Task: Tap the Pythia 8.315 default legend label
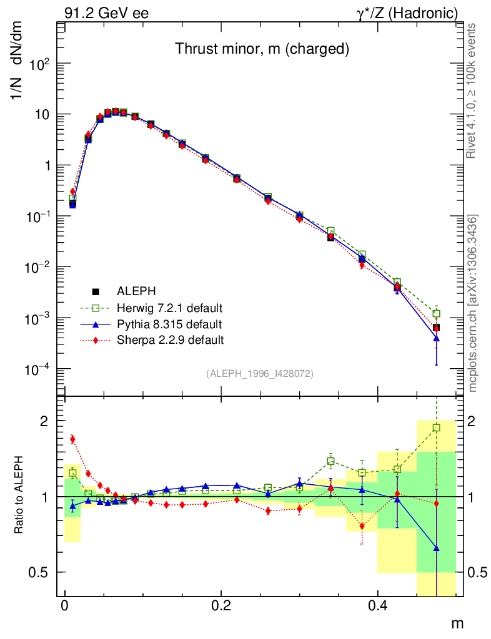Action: pos(169,324)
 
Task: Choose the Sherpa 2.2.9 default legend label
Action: pos(170,341)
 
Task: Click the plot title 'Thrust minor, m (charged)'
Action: pos(261,49)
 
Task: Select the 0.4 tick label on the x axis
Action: pos(377,605)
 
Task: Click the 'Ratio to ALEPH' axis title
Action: pos(19,496)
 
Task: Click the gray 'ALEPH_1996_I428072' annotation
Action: pos(259,373)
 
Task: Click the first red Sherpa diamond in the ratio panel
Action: pos(72,439)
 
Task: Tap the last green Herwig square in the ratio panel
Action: pos(436,428)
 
